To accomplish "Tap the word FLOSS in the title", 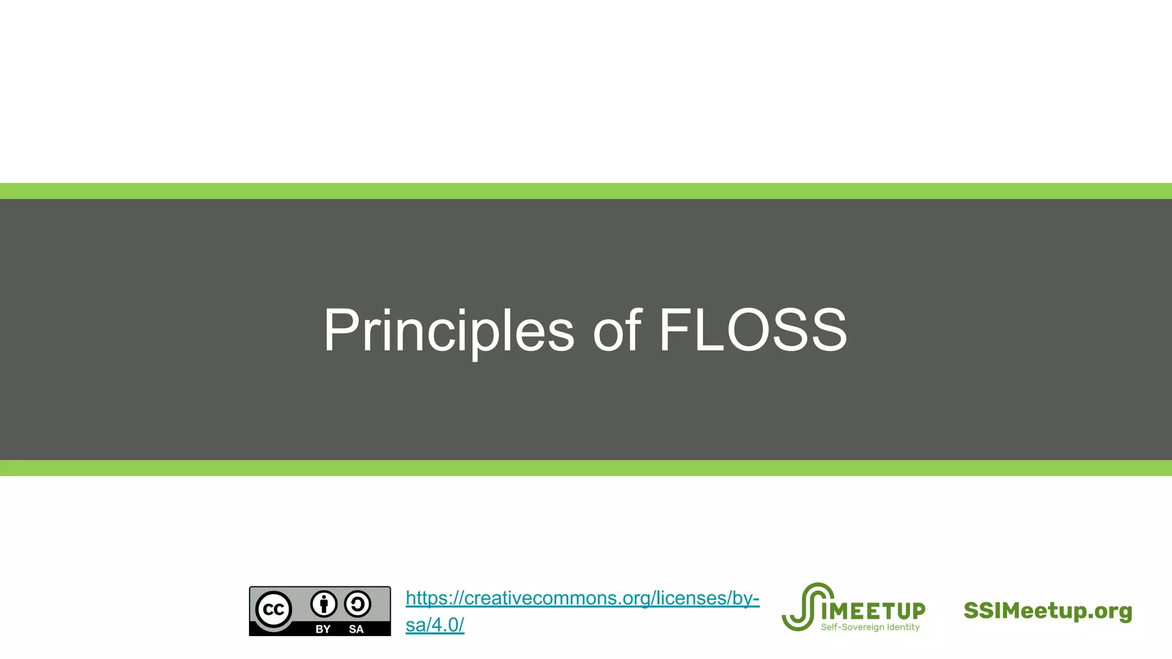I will (753, 331).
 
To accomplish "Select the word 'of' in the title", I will (617, 331).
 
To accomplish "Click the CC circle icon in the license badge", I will (274, 610).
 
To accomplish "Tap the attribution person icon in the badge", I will (324, 604).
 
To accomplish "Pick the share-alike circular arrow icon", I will (358, 604).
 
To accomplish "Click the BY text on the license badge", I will (323, 629).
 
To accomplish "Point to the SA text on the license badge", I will (356, 629).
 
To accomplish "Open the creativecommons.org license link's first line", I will (582, 598).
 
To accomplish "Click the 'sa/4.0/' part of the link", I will (434, 625).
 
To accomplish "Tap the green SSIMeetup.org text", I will (1048, 610).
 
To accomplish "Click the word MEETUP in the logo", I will (873, 612).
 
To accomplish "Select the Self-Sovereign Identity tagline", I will (870, 628).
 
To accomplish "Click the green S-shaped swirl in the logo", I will (803, 606).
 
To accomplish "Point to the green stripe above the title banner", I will (586, 191).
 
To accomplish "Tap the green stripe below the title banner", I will (586, 468).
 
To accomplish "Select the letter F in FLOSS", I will (673, 331).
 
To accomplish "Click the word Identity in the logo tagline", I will (903, 628).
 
